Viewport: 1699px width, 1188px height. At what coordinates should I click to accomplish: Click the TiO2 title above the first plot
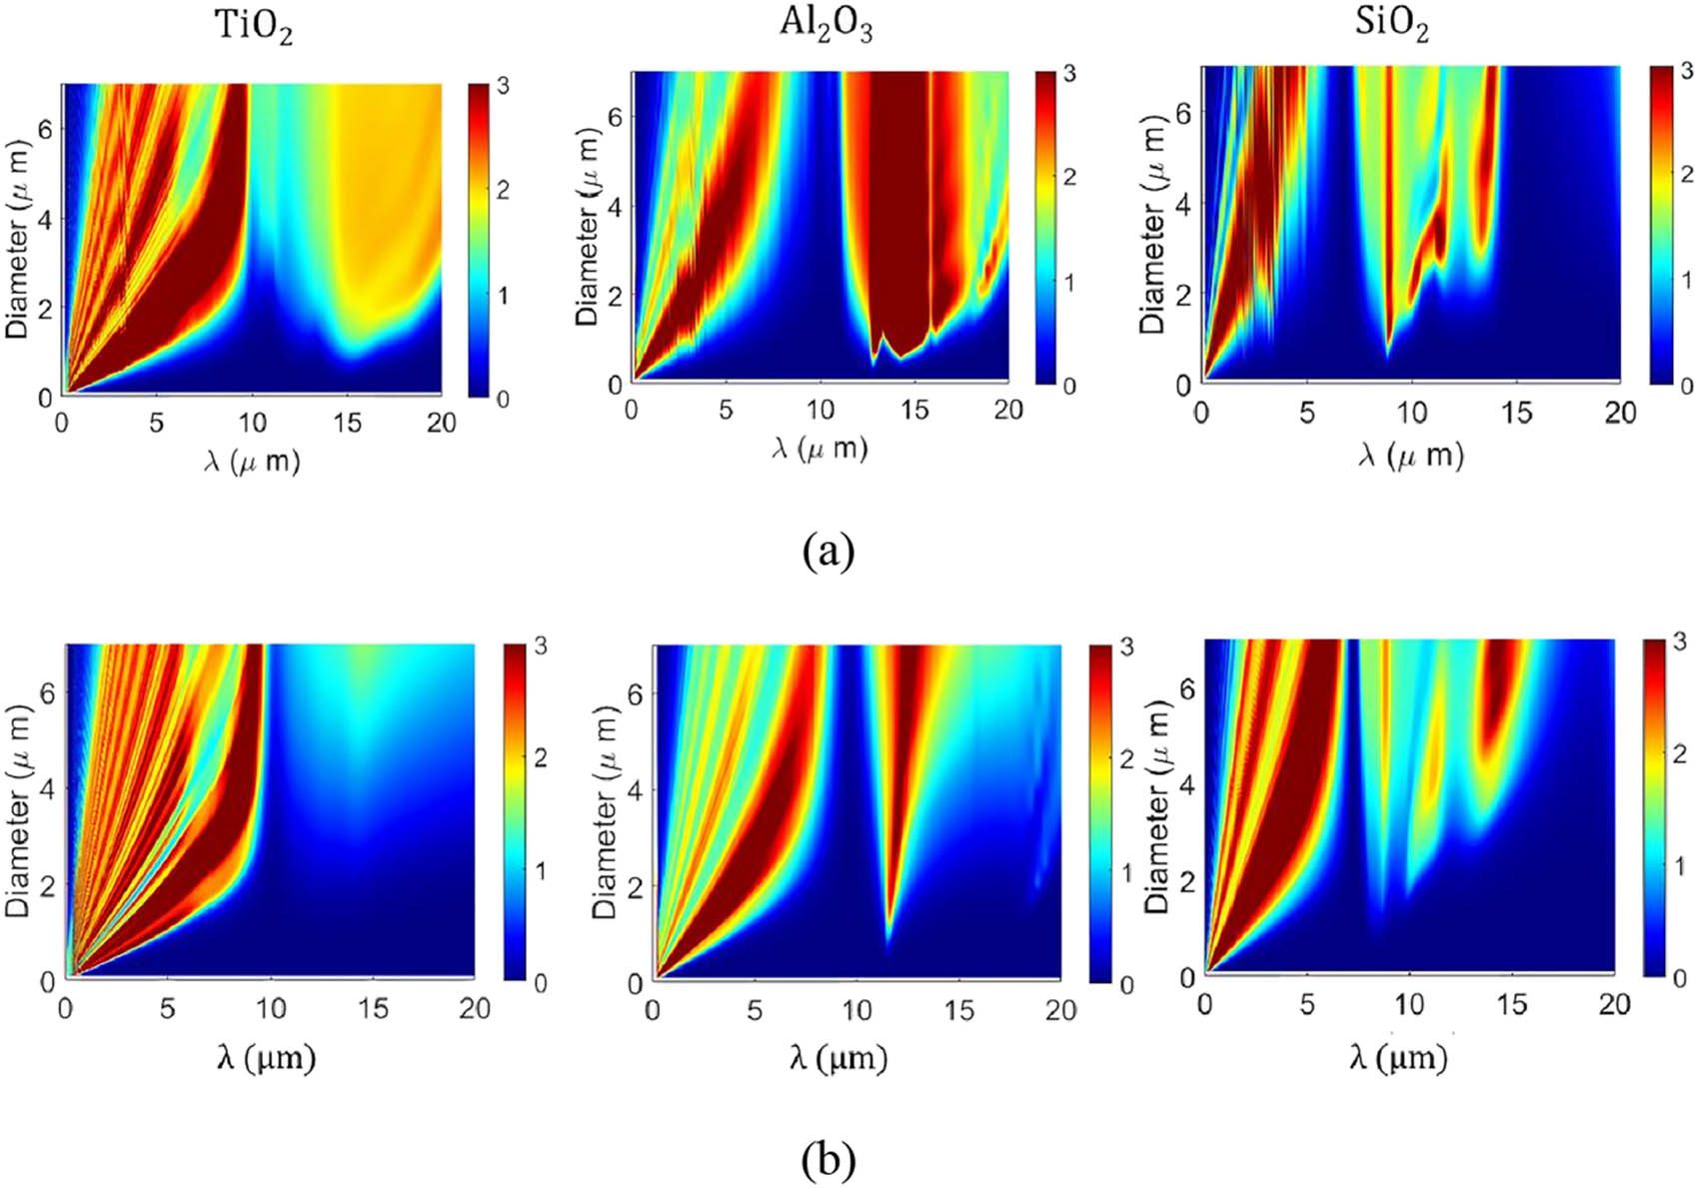tap(255, 28)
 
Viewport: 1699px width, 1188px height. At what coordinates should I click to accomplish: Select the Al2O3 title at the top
tap(826, 25)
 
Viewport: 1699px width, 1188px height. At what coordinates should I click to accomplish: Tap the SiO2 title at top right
tap(1391, 23)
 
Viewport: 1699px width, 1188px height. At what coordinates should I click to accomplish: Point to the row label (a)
tap(829, 551)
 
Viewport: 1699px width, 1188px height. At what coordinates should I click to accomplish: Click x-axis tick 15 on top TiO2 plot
tap(347, 423)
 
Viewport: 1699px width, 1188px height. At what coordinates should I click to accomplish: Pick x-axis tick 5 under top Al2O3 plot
tap(726, 410)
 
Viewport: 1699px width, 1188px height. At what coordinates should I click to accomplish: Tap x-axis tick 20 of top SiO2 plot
tap(1619, 412)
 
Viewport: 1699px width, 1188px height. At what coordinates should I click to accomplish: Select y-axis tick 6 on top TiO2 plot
tap(45, 129)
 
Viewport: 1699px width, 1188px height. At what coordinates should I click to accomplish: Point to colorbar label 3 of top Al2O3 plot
tap(1069, 74)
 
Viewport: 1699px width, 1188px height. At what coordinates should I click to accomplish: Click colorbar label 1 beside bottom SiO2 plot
tap(1680, 865)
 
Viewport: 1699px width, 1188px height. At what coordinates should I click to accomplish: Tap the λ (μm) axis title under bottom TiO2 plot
tap(266, 1056)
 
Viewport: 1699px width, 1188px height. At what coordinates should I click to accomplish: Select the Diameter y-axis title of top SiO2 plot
tap(1152, 225)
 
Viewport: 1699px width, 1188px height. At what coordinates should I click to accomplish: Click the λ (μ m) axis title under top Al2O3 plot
tap(820, 449)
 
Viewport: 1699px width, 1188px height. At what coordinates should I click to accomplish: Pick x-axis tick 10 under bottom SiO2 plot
tap(1409, 1004)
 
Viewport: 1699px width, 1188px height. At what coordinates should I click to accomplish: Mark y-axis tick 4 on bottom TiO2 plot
tap(46, 788)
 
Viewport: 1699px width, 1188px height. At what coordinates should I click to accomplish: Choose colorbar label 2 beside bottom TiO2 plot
tap(541, 757)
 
